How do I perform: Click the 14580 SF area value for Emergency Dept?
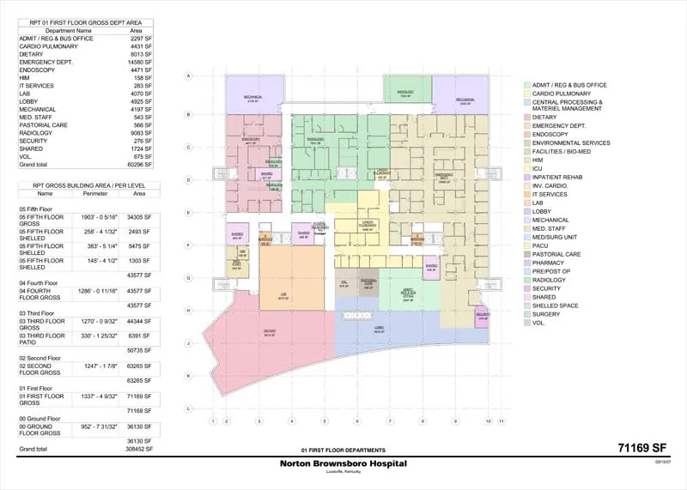(140, 62)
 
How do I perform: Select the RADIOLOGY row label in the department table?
(39, 133)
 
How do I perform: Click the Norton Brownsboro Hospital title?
(343, 463)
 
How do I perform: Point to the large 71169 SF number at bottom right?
(641, 448)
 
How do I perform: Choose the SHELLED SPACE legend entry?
(555, 305)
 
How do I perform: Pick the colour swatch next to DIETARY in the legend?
(526, 118)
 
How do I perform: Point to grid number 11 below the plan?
(501, 421)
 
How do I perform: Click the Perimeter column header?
(94, 194)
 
